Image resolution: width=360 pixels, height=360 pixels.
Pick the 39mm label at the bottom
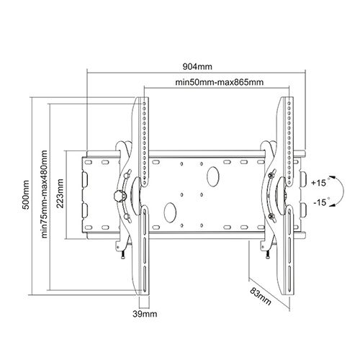pyautogui.click(x=146, y=315)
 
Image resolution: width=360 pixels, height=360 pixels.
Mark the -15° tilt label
pyautogui.click(x=321, y=203)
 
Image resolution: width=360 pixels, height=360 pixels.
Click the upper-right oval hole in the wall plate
pyautogui.click(x=214, y=175)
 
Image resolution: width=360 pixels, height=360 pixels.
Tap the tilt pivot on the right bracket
pyautogui.click(x=279, y=194)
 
